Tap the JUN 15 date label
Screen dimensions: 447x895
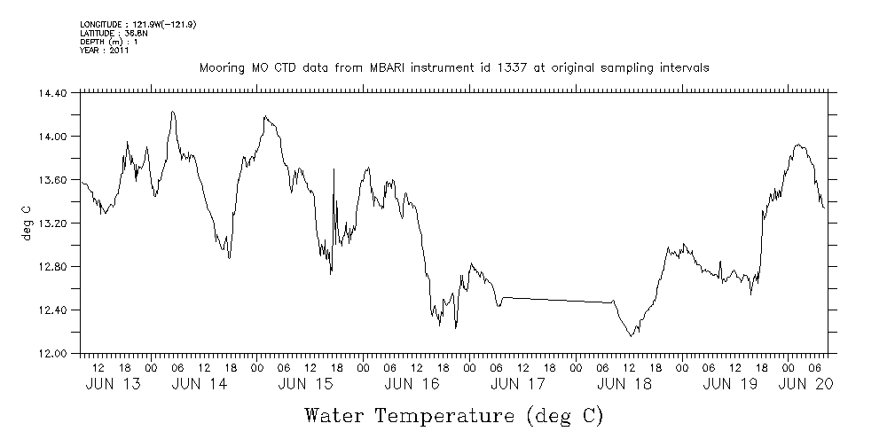click(x=304, y=384)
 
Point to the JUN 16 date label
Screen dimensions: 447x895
click(x=411, y=384)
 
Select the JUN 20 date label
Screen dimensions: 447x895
click(x=805, y=384)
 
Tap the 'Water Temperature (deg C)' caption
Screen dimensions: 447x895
click(x=453, y=415)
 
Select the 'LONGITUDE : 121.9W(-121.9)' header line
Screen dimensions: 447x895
click(x=137, y=24)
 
